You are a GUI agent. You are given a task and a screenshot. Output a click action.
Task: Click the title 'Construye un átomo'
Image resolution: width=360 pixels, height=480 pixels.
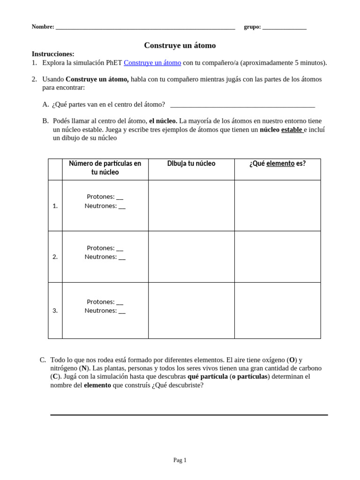[180, 45]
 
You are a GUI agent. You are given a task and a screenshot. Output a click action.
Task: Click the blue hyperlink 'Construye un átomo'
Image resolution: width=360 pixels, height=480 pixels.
[152, 63]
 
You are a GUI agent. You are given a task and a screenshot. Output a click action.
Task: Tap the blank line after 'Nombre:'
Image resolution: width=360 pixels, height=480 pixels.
[145, 28]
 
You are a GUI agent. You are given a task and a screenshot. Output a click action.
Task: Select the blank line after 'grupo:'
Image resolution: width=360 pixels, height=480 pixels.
[284, 28]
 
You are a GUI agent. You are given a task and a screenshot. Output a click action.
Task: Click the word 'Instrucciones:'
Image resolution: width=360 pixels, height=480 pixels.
[53, 54]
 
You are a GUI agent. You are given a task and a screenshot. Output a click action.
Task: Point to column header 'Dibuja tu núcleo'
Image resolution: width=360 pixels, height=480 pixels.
[191, 164]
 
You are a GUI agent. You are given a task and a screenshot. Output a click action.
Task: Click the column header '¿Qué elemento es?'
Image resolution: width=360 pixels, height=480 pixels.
[277, 164]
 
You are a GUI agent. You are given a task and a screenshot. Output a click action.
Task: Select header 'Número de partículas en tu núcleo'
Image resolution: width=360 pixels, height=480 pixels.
[105, 168]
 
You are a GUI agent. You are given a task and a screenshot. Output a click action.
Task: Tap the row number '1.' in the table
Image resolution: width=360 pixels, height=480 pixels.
[55, 206]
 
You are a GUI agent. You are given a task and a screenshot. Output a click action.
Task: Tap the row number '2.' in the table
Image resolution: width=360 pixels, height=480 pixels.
[55, 257]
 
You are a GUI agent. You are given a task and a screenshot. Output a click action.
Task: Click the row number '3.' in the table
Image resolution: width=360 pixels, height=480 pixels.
[55, 310]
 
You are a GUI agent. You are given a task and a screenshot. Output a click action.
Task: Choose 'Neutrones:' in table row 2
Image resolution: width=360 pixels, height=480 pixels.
[101, 257]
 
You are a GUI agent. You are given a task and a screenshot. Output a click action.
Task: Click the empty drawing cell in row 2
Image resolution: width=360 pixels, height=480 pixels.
[191, 257]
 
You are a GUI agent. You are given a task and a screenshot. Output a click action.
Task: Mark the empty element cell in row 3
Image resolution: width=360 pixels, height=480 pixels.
[277, 310]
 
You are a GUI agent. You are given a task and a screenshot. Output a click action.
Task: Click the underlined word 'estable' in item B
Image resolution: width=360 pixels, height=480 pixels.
[292, 130]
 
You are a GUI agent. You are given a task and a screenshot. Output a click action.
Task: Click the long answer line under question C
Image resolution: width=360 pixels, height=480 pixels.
[189, 414]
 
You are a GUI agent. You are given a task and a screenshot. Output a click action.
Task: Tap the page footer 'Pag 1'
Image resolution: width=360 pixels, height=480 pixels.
[180, 460]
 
